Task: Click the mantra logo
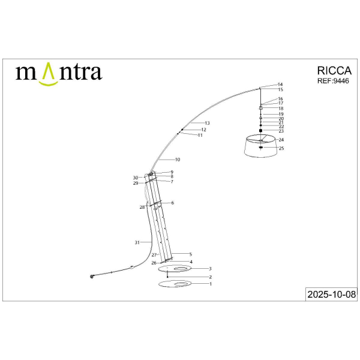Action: pyautogui.click(x=58, y=73)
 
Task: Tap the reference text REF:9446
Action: pyautogui.click(x=332, y=81)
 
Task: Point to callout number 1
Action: pyautogui.click(x=210, y=284)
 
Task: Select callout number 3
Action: pyautogui.click(x=210, y=269)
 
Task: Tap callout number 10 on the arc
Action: pyautogui.click(x=178, y=160)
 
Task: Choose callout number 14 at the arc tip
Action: pyautogui.click(x=280, y=85)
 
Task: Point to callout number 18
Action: pyautogui.click(x=281, y=109)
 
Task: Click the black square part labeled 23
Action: pyautogui.click(x=261, y=130)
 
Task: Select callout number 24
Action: pyautogui.click(x=281, y=140)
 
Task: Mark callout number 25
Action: pyautogui.click(x=281, y=148)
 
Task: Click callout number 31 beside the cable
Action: pyautogui.click(x=137, y=242)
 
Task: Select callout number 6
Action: pyautogui.click(x=172, y=203)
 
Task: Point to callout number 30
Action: pyautogui.click(x=136, y=178)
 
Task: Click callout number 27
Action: pyautogui.click(x=154, y=255)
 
